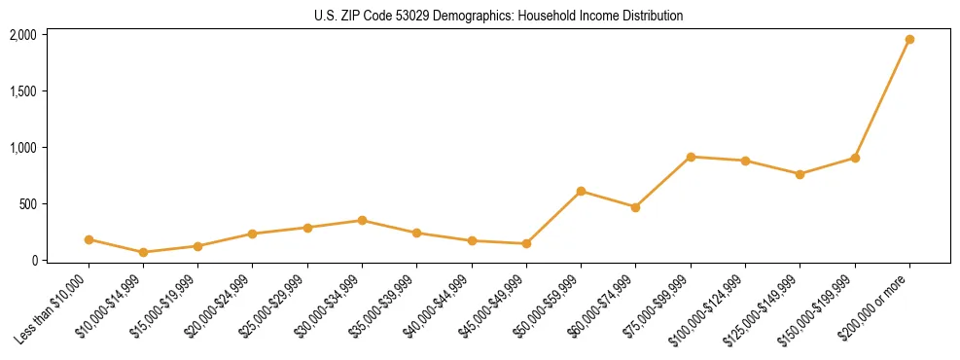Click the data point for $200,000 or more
[x=909, y=40]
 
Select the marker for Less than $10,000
[x=89, y=239]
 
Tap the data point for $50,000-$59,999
[x=581, y=192]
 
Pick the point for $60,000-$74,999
[x=635, y=207]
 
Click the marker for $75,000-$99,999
[x=691, y=157]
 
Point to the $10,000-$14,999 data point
[x=143, y=252]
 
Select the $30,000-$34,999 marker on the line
[x=362, y=221]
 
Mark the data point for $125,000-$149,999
[x=800, y=174]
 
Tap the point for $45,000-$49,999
[x=526, y=243]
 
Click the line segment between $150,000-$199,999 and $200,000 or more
[x=882, y=98]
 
